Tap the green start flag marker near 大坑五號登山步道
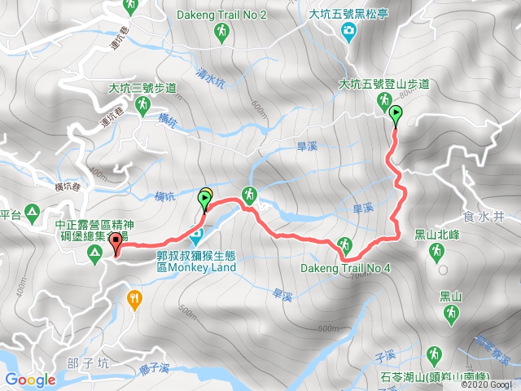pyautogui.click(x=396, y=115)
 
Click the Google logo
pyautogui.click(x=30, y=380)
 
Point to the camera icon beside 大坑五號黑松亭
pyautogui.click(x=349, y=31)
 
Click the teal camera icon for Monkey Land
pyautogui.click(x=196, y=238)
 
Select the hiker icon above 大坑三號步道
pyautogui.click(x=142, y=105)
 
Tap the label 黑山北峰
pyautogui.click(x=437, y=233)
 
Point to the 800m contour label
pyautogui.click(x=407, y=92)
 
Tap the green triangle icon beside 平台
pyautogui.click(x=32, y=213)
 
